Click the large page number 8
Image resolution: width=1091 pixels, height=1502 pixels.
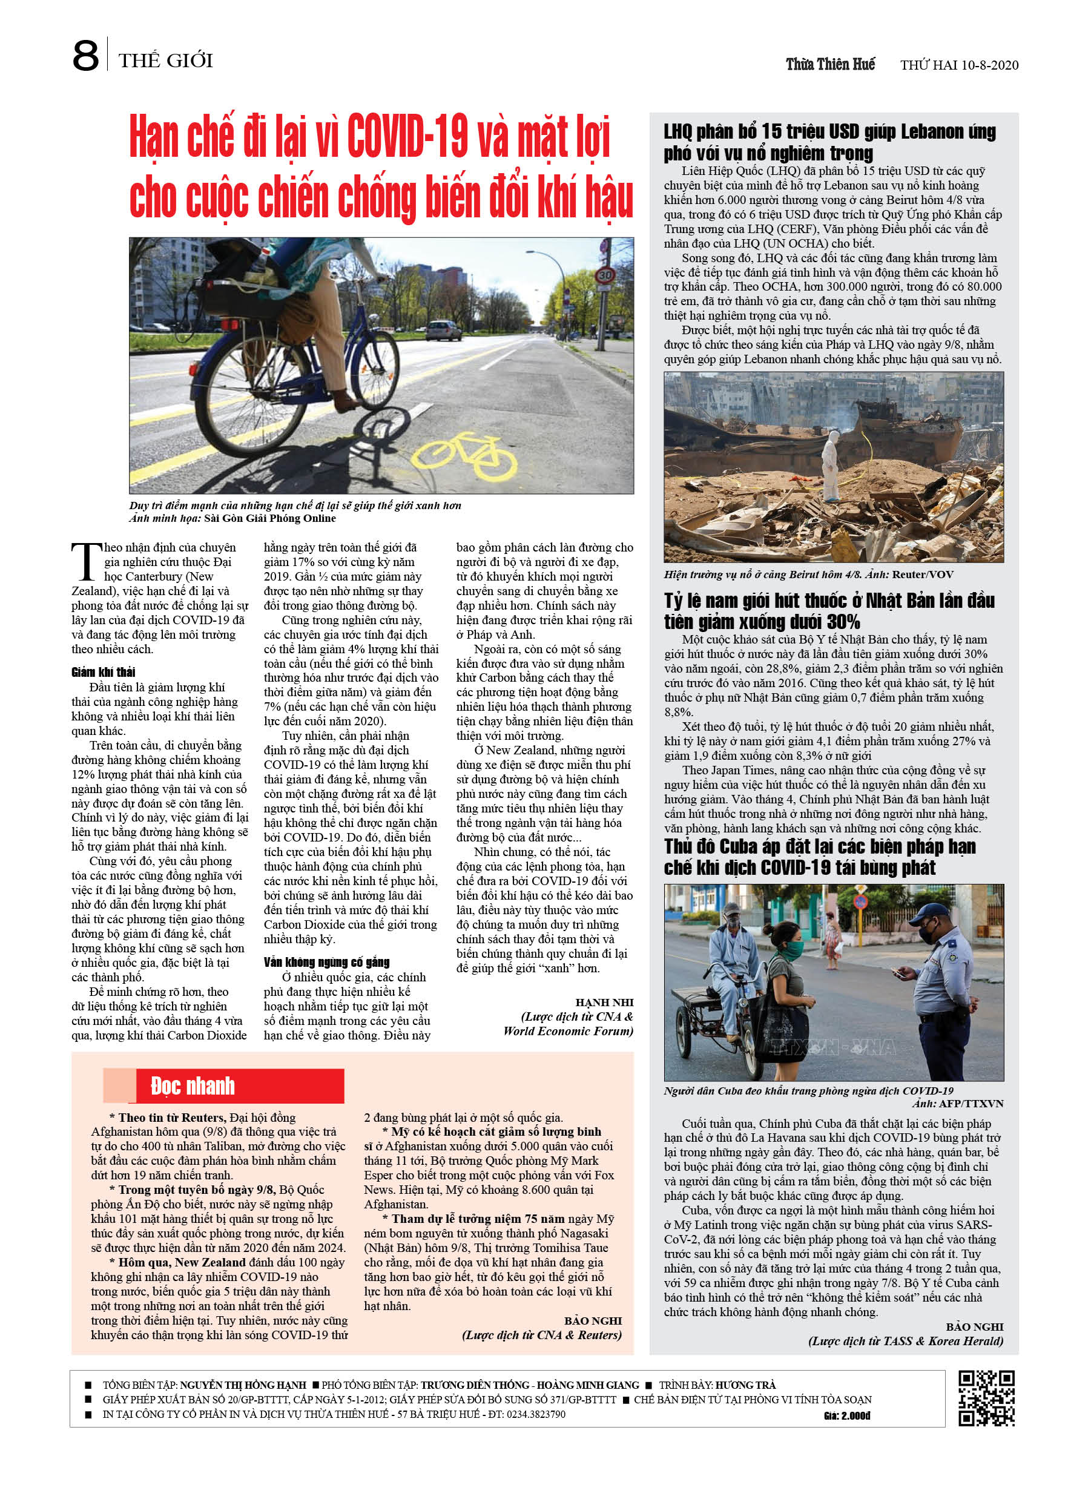click(x=85, y=56)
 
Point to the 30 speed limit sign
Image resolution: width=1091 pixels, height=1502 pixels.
click(x=604, y=275)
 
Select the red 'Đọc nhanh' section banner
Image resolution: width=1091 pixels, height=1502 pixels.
click(x=223, y=1085)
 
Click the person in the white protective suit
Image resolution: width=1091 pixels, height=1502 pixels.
click(x=829, y=463)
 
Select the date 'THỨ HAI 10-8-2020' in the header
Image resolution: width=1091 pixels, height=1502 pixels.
click(x=958, y=65)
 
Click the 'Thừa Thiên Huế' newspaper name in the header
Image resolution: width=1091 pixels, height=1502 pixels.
click(x=830, y=64)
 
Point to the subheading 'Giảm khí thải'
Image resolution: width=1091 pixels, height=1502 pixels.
click(x=104, y=672)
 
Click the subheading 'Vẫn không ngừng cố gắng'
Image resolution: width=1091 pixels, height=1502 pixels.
click(x=326, y=961)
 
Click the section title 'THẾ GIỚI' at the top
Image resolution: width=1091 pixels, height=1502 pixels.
click(x=166, y=61)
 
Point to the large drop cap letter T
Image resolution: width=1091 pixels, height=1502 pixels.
click(x=85, y=562)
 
